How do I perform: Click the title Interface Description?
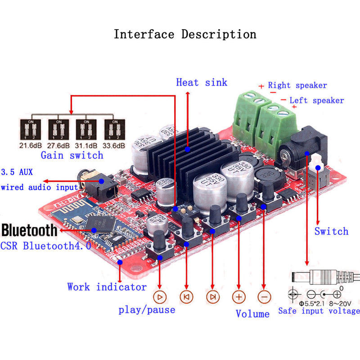pos(185,34)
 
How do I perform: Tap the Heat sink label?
pos(202,82)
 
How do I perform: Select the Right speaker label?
pos(297,85)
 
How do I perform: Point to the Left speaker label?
pos(316,100)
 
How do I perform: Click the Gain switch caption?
pos(72,155)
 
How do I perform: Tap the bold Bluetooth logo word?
pos(30,230)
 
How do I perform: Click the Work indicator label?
pos(107,287)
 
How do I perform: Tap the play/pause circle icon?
pos(160,297)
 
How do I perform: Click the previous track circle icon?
pos(186,297)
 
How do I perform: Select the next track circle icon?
pos(213,297)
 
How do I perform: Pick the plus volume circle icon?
pos(239,297)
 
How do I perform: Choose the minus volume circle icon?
pos(265,297)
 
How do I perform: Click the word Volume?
pos(252,314)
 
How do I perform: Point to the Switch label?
pos(331,231)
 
